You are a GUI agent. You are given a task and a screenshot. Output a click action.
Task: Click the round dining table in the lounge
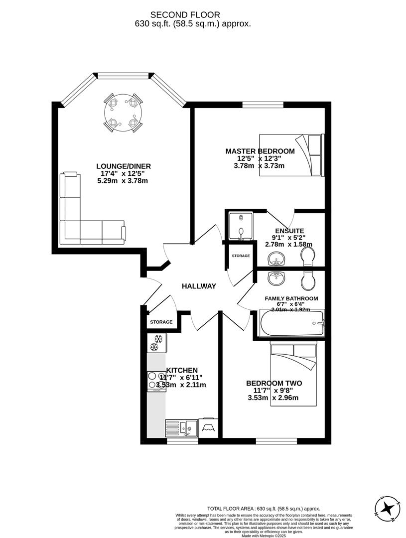tap(123, 113)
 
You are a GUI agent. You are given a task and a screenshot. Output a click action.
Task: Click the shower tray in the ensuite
tap(240, 226)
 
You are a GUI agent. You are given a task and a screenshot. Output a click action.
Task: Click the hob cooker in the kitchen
tap(156, 381)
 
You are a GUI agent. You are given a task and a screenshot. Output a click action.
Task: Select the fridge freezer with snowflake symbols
tap(156, 343)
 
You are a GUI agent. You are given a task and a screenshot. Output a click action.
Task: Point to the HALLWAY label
tap(199, 286)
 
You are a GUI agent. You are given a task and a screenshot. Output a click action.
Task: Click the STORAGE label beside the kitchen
tap(161, 322)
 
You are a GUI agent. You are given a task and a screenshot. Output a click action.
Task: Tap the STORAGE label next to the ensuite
tap(241, 256)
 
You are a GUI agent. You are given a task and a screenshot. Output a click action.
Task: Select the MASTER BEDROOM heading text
tap(260, 151)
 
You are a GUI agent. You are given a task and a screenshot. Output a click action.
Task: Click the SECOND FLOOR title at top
tap(192, 15)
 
